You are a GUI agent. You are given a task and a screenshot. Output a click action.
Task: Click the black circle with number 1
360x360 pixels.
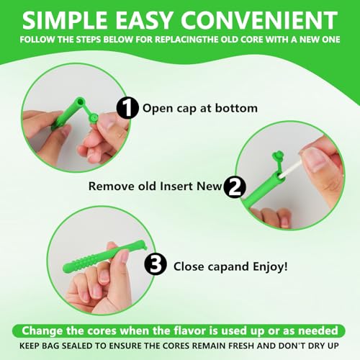127,109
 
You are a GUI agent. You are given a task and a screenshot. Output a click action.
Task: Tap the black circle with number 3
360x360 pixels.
156,266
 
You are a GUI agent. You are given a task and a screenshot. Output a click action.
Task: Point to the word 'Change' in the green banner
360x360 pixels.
45,330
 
